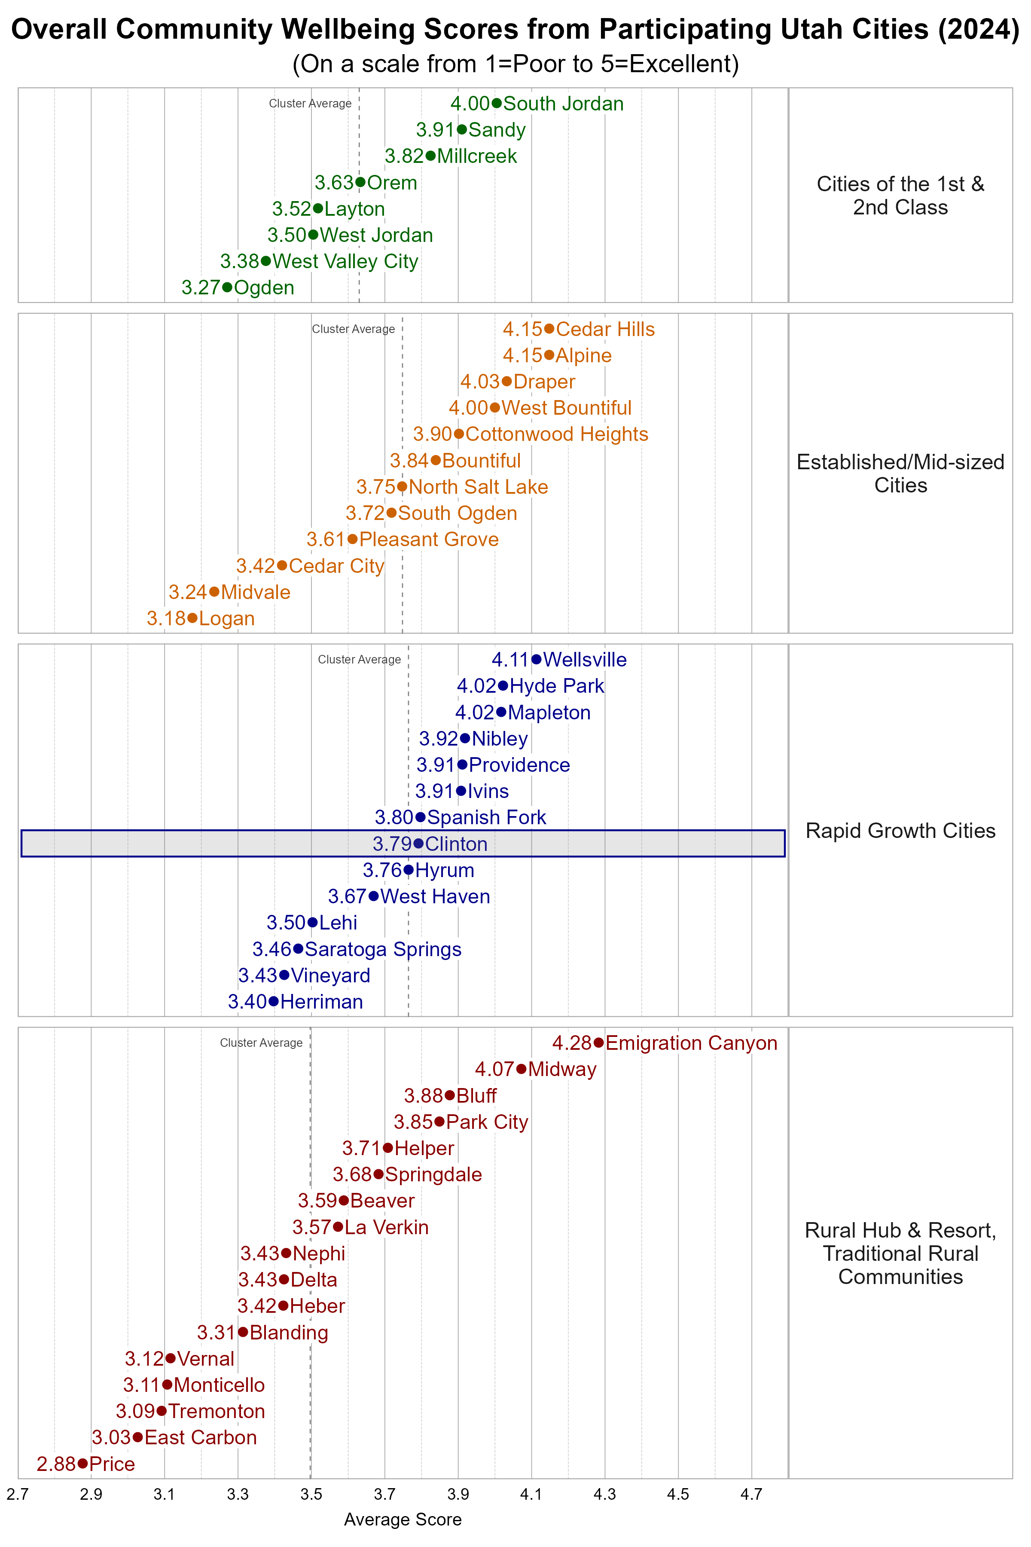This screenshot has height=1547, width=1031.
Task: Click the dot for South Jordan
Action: tap(497, 103)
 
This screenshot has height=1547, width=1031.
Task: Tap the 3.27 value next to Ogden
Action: tap(201, 287)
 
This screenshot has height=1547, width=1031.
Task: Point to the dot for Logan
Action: tap(192, 618)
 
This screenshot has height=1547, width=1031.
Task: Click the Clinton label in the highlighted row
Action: tap(456, 844)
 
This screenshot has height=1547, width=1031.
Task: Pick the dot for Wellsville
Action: tap(537, 659)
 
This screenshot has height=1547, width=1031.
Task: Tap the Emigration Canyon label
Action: tap(691, 1043)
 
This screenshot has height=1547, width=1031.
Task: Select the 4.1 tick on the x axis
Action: tap(531, 1495)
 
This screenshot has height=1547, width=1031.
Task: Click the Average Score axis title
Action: tap(403, 1519)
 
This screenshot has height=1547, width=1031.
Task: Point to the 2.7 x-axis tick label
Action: tap(18, 1495)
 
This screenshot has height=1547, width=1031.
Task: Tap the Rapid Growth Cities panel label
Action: tap(900, 831)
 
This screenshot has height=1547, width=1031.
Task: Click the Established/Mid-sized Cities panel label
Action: tap(900, 474)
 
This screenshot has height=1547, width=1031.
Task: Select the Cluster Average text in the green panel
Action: tap(310, 103)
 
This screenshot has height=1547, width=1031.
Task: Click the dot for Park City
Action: tap(439, 1122)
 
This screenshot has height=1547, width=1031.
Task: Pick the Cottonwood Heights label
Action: tap(556, 434)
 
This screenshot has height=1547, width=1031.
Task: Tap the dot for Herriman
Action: tap(274, 1001)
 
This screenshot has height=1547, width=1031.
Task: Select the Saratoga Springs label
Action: tap(383, 949)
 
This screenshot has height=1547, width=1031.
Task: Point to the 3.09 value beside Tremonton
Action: tap(135, 1411)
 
